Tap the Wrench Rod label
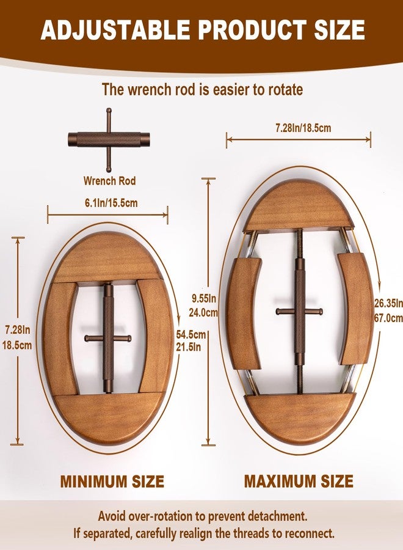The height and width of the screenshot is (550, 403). [x=109, y=181]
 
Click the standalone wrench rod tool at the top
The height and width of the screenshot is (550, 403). [x=109, y=140]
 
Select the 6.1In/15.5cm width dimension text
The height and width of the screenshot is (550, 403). [x=111, y=203]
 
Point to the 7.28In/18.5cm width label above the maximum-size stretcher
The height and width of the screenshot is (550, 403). [x=303, y=128]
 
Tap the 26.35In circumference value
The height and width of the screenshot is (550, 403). [x=388, y=303]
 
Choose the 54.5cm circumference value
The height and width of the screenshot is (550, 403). [x=191, y=334]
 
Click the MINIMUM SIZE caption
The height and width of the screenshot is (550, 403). [x=112, y=482]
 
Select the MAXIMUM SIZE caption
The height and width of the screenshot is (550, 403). [x=299, y=482]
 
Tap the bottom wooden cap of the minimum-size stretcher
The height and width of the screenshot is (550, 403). [x=109, y=419]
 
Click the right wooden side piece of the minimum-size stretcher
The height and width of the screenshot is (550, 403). [x=155, y=337]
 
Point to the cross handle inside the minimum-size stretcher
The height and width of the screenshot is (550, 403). [x=108, y=339]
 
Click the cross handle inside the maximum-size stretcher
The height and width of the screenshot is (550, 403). [x=299, y=311]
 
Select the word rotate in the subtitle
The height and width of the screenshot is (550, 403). [x=285, y=90]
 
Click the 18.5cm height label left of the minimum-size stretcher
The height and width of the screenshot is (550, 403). [x=17, y=345]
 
